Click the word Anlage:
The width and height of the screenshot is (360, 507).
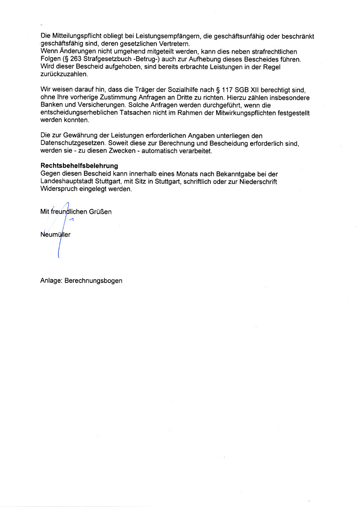pyautogui.click(x=51, y=281)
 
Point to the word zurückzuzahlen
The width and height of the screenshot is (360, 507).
pyautogui.click(x=64, y=74)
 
